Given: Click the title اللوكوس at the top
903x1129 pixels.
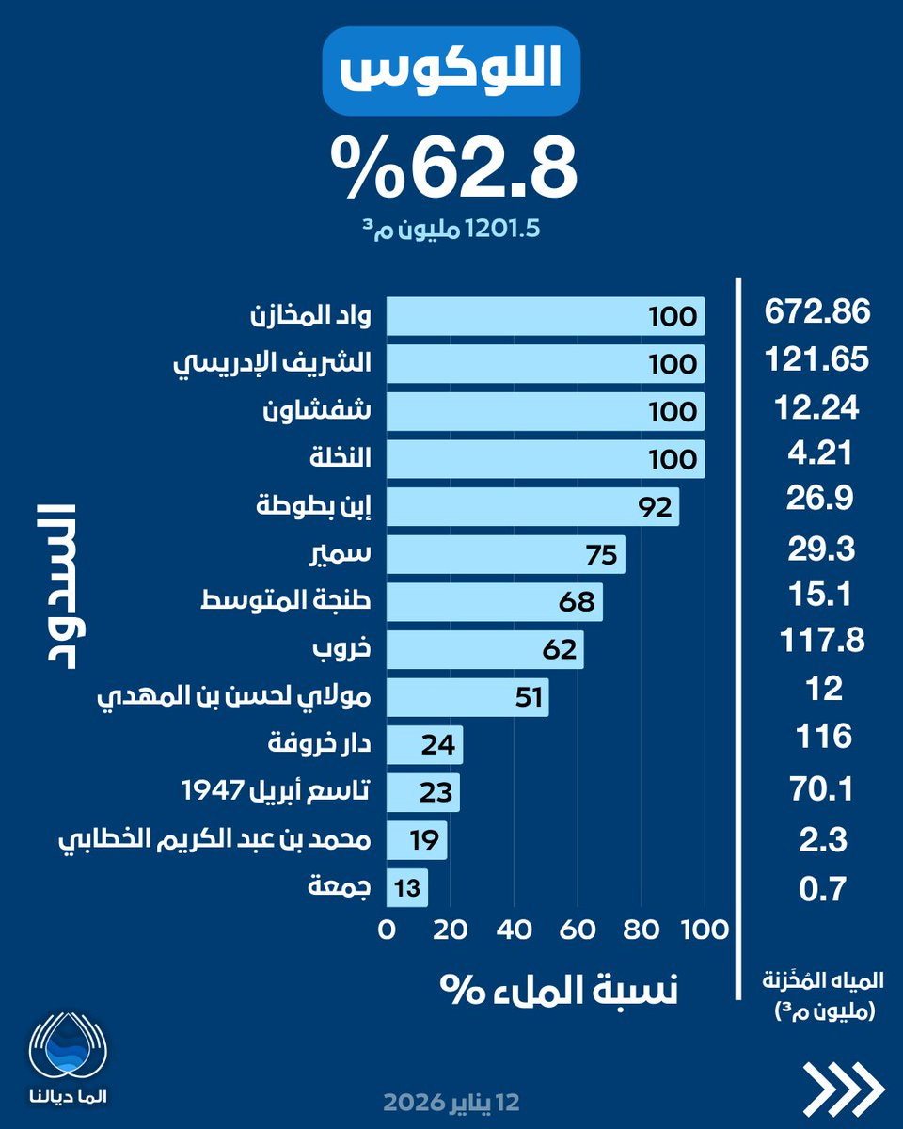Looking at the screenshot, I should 451,72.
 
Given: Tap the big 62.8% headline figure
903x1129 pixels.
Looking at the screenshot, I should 452,167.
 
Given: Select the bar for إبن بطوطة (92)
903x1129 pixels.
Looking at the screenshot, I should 532,507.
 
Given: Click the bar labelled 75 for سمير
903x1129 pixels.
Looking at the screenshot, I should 505,555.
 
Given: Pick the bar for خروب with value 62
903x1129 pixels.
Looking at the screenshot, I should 484,650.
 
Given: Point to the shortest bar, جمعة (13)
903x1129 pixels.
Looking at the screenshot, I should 406,887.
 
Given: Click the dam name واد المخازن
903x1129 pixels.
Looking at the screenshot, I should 312,316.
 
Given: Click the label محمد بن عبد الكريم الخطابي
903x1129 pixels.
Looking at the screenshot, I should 215,839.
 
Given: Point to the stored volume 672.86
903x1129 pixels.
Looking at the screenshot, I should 817,312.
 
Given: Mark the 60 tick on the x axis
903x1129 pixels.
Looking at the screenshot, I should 578,930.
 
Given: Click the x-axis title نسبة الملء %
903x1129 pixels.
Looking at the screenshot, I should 559,990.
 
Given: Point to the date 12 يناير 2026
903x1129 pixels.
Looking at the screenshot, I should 451,1102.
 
